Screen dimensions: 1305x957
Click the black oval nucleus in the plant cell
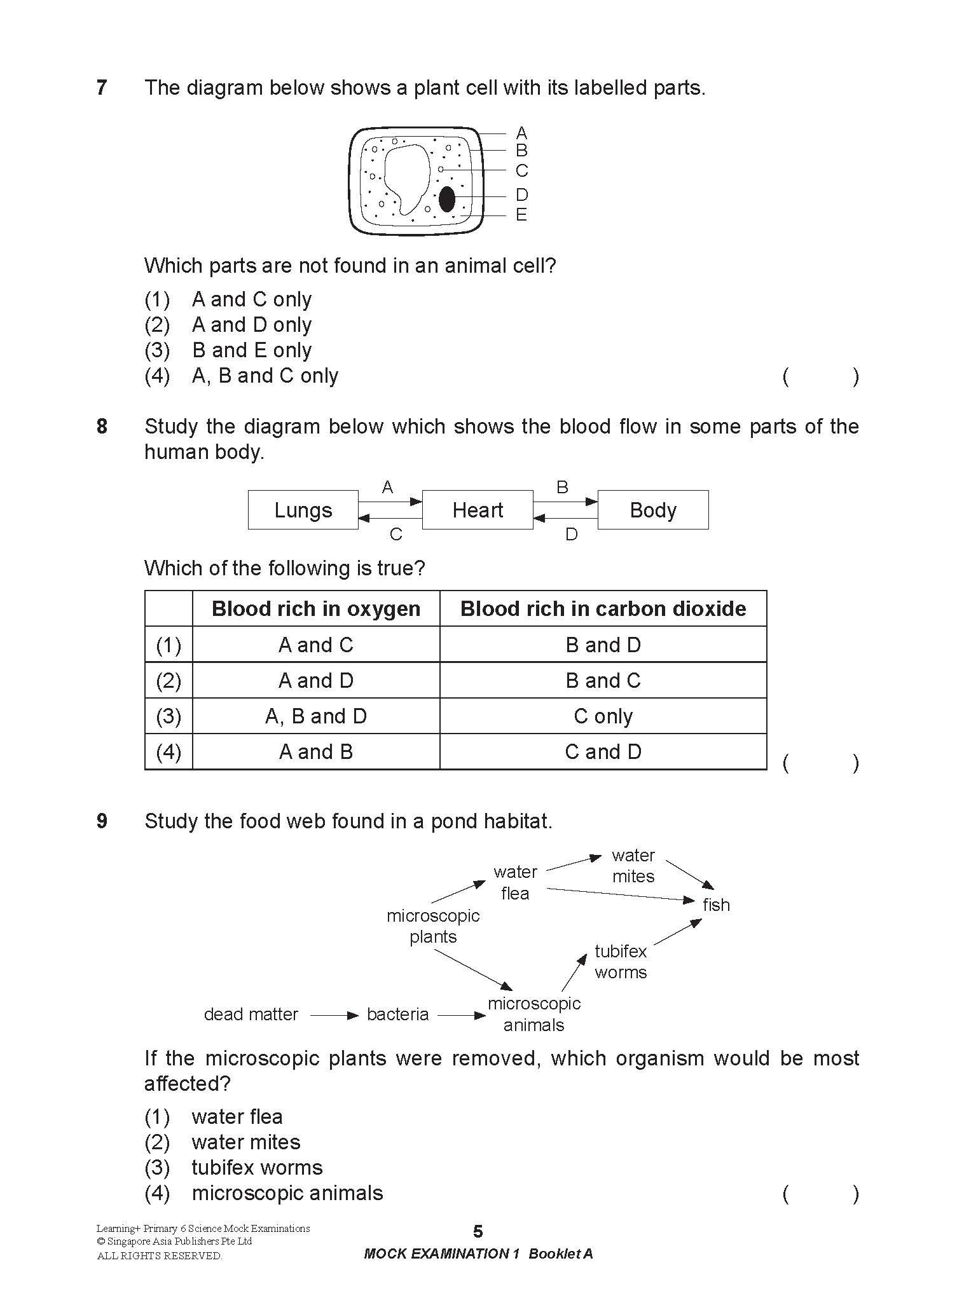pos(447,199)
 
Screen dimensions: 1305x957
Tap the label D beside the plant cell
pos(521,195)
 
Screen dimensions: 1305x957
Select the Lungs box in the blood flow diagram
pos(303,510)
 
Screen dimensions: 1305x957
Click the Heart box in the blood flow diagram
pos(478,510)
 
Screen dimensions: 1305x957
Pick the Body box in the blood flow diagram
pos(653,510)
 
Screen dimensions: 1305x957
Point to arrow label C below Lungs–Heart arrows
pos(396,535)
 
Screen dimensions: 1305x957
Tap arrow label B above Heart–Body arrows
pos(562,488)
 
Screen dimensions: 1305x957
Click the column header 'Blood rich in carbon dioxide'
pos(603,608)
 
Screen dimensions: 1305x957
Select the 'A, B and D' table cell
pos(316,716)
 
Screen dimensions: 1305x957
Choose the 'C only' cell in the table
pos(603,716)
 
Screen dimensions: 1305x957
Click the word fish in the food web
pos(716,905)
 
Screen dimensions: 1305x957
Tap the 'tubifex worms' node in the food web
pos(621,962)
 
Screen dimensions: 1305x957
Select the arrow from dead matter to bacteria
pos(334,1016)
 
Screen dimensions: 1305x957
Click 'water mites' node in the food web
pos(633,866)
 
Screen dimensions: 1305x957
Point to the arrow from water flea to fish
pos(620,894)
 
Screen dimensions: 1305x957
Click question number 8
pos(102,427)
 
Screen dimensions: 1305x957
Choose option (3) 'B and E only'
pos(252,350)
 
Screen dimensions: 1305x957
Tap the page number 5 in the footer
pos(478,1232)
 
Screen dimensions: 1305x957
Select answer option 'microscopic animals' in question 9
pos(287,1193)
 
